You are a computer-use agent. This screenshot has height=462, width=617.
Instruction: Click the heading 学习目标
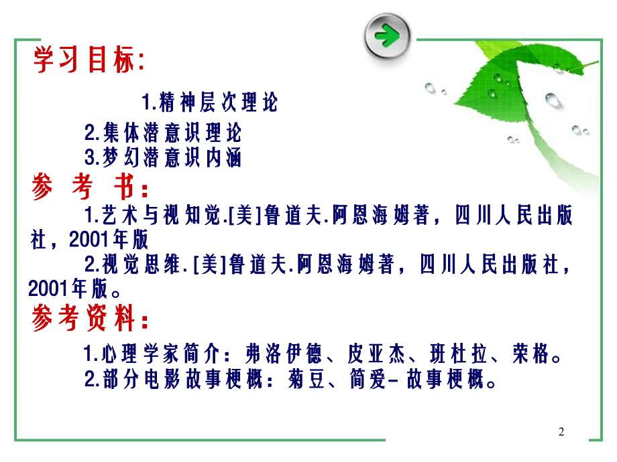coord(88,61)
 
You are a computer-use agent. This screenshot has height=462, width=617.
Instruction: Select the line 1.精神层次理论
coord(209,103)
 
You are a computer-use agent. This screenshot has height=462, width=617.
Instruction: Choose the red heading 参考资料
coord(90,320)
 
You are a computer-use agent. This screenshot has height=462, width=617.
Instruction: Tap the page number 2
coord(561,432)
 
